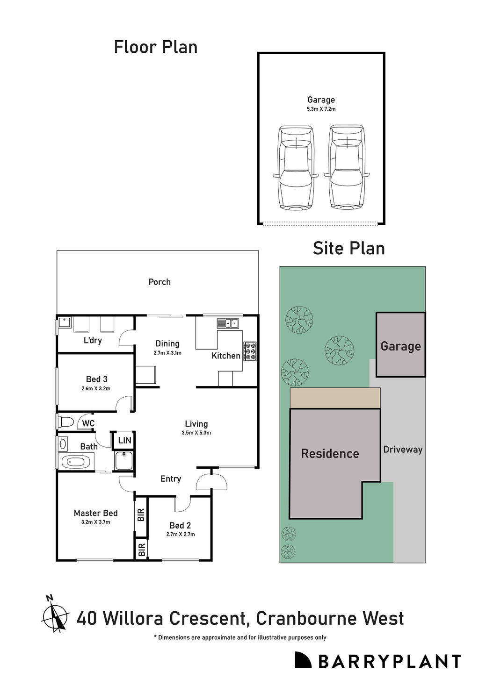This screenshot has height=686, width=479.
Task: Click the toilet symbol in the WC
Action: pos(66,422)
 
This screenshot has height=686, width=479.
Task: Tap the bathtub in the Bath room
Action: pos(76,462)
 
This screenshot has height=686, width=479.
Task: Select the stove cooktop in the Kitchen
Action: pos(250,351)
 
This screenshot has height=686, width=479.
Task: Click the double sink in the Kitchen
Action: pos(228,323)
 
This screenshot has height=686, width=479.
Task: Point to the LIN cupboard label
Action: pos(124,440)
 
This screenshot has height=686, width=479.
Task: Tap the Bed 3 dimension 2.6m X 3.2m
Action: pos(96,388)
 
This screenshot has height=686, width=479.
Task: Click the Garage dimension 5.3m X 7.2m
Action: pos(321,109)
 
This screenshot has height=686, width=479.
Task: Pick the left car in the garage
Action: pos(296,168)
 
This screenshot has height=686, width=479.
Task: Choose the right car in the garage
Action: pos(347,168)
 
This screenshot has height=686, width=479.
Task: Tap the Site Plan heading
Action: pos(349,248)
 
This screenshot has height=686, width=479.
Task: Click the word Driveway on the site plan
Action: pos(403,450)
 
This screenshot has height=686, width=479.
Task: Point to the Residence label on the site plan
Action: pos(330,454)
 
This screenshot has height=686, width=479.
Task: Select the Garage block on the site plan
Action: pos(400,344)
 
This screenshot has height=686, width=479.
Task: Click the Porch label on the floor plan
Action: pos(160,282)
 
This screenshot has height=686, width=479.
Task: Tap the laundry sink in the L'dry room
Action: pos(64,322)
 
